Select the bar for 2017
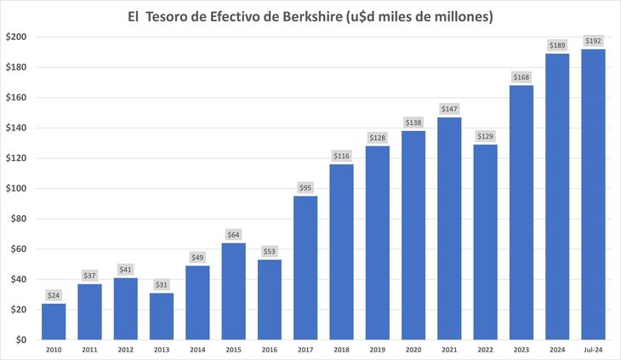coord(305,268)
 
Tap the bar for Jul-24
coord(593,195)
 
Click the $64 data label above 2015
coord(234,234)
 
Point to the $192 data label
coord(593,40)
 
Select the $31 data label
coord(162,284)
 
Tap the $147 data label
coord(449,108)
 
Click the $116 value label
coord(341,156)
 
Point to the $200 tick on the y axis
coord(16,37)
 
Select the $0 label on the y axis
coord(20,340)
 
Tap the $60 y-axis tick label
coord(18,249)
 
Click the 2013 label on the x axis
coord(162,351)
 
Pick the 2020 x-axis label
coord(413,351)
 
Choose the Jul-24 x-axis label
coord(593,351)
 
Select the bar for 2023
coord(521,213)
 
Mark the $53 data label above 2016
coord(270,251)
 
